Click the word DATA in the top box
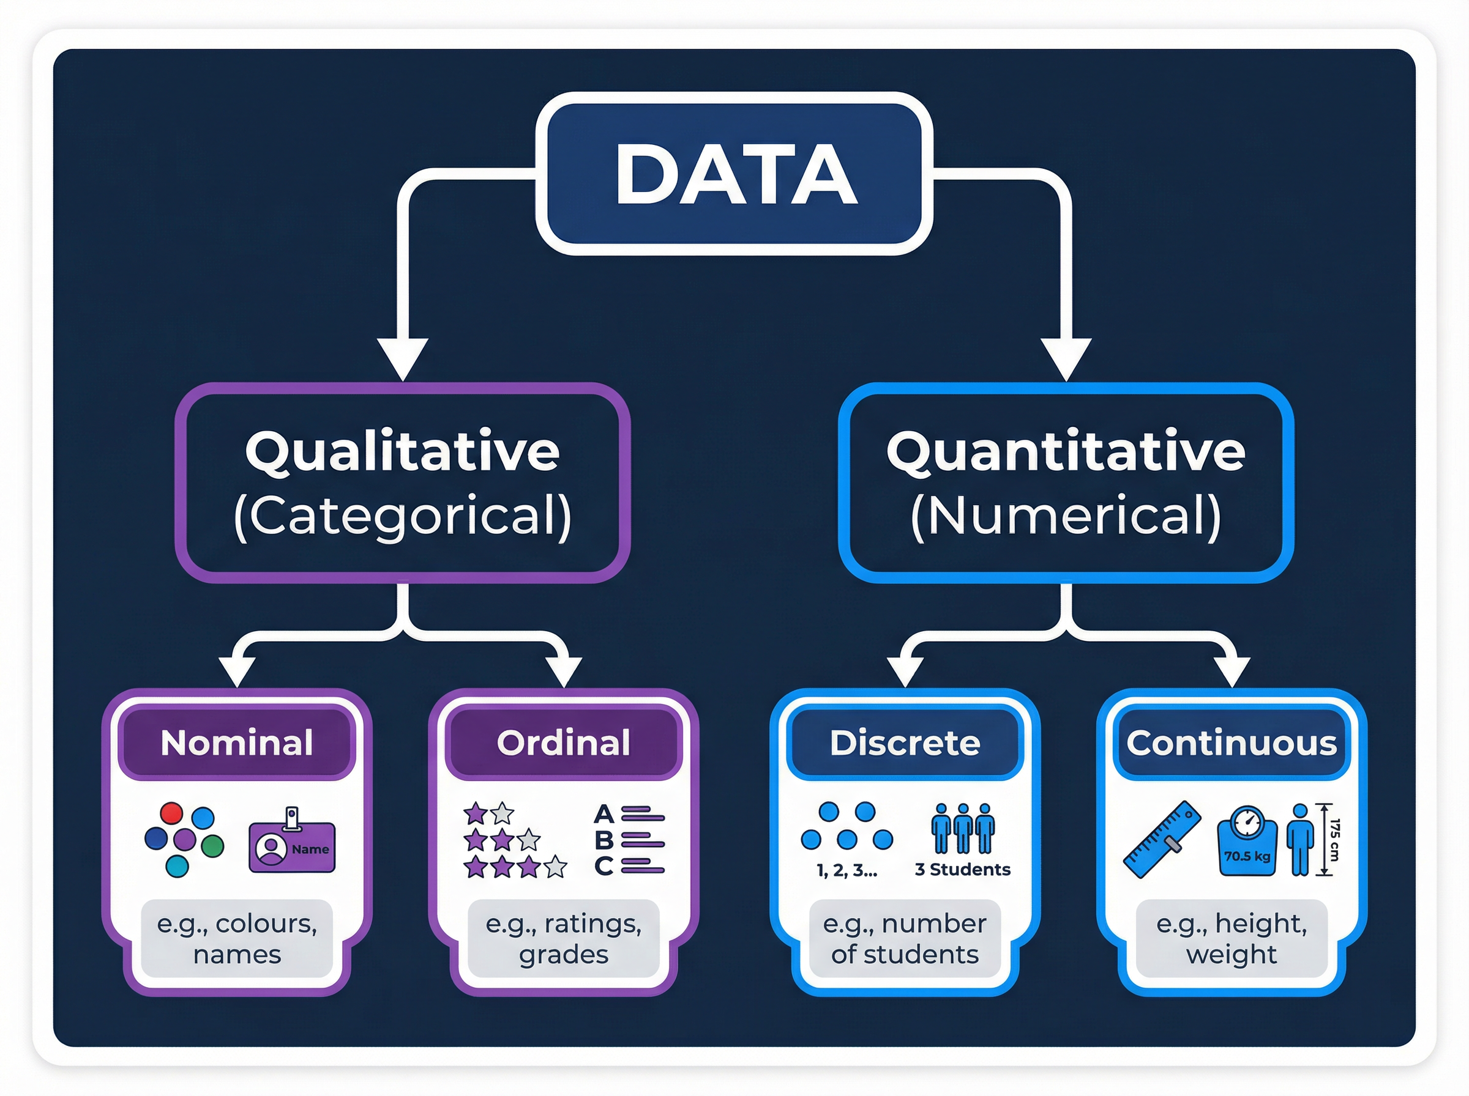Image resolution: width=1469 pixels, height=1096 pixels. (736, 174)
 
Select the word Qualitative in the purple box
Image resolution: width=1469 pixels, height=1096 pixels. (402, 452)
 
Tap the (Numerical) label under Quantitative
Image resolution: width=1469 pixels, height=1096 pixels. (1066, 516)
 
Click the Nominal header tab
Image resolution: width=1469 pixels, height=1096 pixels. (237, 743)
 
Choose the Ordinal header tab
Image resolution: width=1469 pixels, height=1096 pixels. (564, 743)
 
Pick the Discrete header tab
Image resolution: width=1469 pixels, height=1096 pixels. (905, 743)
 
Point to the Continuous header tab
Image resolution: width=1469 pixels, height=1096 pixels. (1232, 743)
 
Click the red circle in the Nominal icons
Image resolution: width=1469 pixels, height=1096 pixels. (172, 813)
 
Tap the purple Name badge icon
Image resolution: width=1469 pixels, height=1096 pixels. (292, 846)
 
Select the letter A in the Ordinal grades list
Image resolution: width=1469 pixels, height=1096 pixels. (603, 813)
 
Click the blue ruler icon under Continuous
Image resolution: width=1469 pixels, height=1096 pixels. (1162, 839)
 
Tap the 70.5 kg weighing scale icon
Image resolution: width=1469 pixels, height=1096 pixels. (1247, 841)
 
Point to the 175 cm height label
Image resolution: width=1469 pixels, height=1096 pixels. (1335, 839)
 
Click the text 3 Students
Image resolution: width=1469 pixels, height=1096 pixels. (963, 870)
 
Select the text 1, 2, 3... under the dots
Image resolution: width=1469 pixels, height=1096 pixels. (847, 870)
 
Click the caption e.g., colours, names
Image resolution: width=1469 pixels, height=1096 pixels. (237, 938)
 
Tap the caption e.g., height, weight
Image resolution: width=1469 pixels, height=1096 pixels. (1232, 938)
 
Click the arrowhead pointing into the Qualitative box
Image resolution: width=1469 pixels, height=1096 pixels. (402, 358)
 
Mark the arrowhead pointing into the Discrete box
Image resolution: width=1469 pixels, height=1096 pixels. (905, 672)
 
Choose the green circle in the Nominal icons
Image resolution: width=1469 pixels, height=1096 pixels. (212, 846)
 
